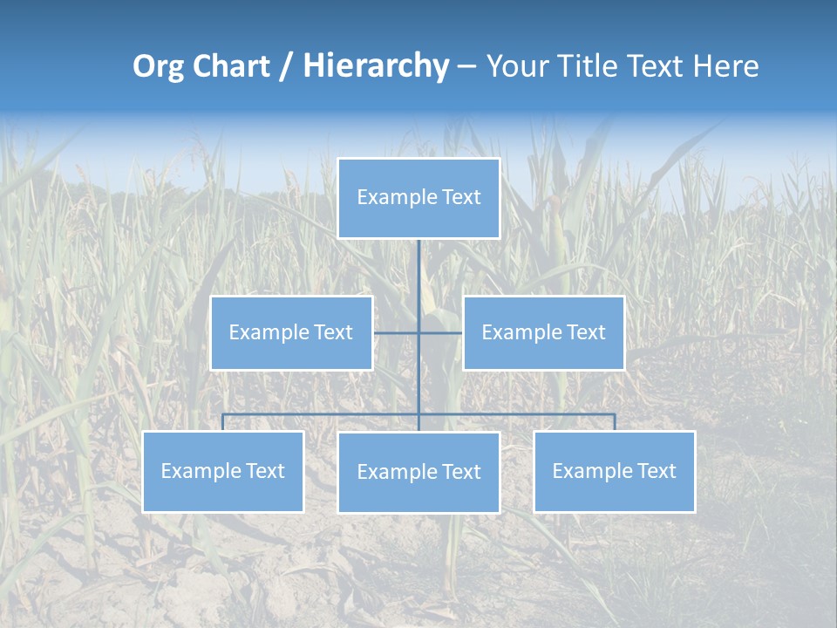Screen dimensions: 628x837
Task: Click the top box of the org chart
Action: [x=418, y=198]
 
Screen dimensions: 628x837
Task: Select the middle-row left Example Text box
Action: [x=291, y=332]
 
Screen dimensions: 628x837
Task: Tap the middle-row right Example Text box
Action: [x=543, y=332]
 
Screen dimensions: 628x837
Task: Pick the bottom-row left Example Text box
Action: [x=223, y=471]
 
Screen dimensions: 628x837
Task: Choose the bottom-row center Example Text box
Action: [x=418, y=472]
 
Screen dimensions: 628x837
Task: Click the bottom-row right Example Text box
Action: [x=614, y=471]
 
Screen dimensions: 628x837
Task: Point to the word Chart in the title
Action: [x=228, y=66]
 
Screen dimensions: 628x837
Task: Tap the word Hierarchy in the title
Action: [x=376, y=66]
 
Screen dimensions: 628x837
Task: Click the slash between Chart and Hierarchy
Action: [x=287, y=66]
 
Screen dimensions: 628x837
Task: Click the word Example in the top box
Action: [x=398, y=198]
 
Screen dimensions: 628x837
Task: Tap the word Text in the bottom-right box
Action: [x=656, y=471]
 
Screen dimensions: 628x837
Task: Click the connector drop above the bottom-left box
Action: [x=223, y=422]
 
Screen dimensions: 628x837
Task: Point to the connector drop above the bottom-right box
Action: [x=615, y=422]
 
